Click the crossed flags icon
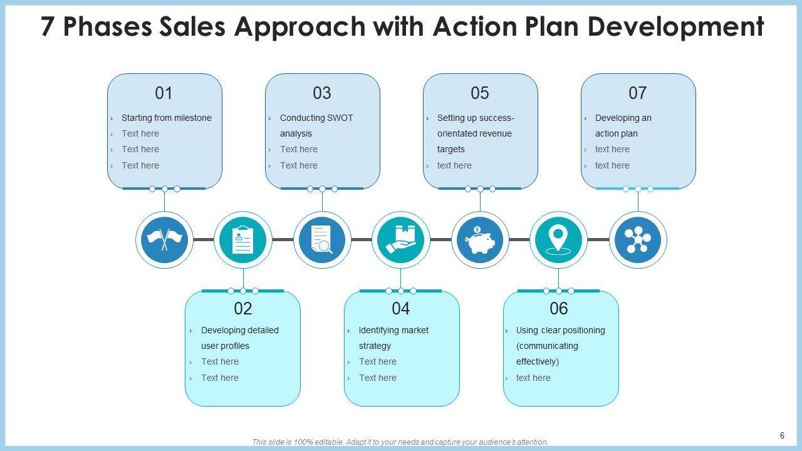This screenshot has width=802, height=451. point(164,240)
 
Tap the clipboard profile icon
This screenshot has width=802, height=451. point(243,240)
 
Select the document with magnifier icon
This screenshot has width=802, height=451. point(322,240)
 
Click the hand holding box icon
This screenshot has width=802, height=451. point(401,240)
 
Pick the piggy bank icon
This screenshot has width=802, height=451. point(480,240)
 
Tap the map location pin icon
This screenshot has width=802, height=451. point(558,240)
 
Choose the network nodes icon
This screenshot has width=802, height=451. point(638,240)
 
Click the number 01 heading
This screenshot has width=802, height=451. point(164,93)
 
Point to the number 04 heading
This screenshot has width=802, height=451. point(401,308)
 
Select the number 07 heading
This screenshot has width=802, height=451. point(637,93)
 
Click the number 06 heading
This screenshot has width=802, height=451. point(558,308)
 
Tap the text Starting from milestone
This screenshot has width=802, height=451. point(167,118)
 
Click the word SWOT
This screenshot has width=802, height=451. point(340,118)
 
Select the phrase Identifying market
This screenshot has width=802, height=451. point(393,330)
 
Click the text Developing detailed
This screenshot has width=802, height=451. point(240,330)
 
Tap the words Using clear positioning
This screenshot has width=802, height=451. point(561,330)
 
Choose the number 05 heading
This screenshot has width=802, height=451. point(479,93)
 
